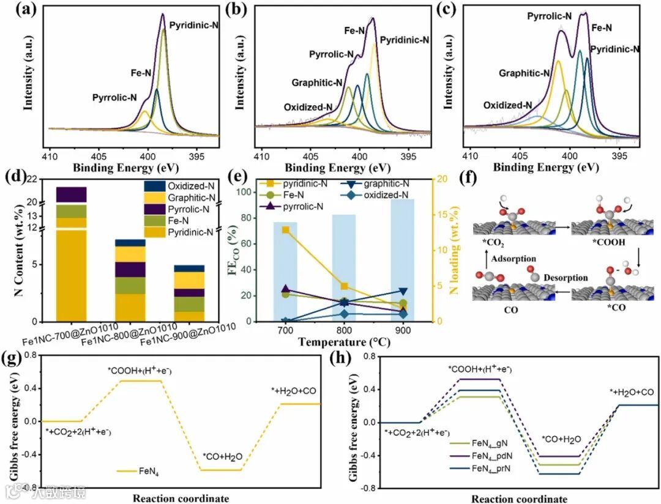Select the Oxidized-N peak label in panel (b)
308,108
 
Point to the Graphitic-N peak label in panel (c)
524,73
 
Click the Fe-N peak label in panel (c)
602,27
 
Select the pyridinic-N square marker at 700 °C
285,230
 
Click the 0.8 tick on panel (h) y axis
366,356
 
